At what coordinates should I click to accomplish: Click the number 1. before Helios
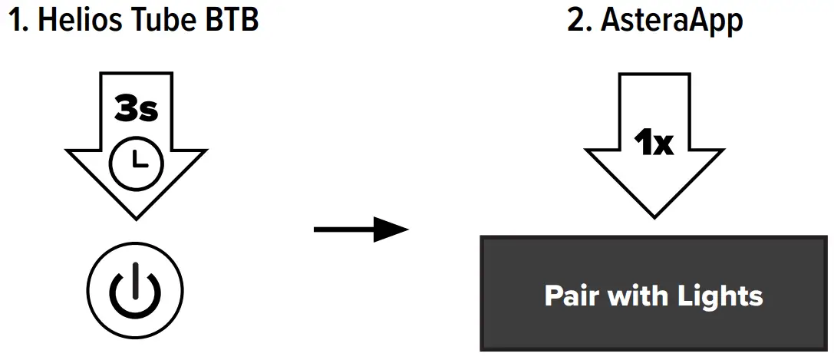pyautogui.click(x=18, y=21)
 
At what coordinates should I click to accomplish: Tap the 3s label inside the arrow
pyautogui.click(x=136, y=110)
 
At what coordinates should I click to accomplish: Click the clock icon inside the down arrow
pyautogui.click(x=136, y=159)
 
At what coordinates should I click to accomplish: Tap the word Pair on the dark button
pyautogui.click(x=570, y=296)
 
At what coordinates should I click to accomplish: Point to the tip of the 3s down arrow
pyautogui.click(x=136, y=216)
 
